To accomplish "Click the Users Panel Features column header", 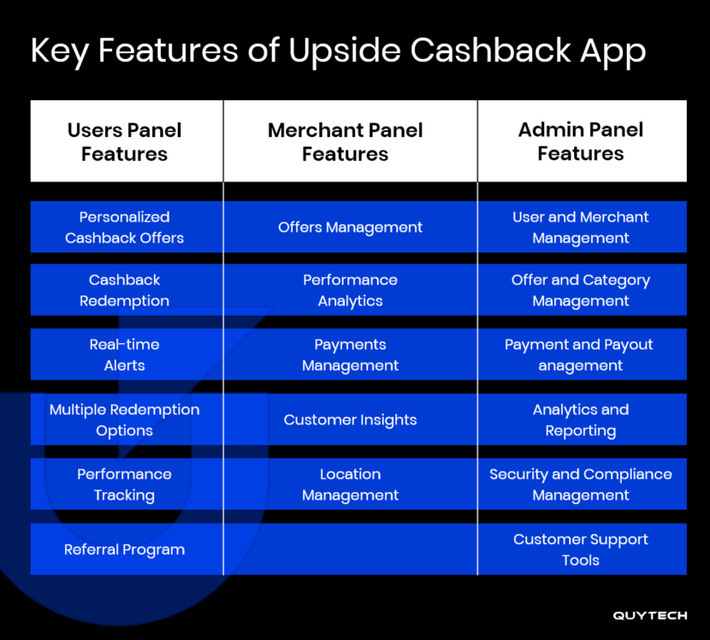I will click(125, 142).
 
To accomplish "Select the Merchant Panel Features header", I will click(346, 142).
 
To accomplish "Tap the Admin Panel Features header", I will click(581, 142).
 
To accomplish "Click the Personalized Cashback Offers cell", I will click(125, 228).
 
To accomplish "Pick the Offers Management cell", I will click(350, 228).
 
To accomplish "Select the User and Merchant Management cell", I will click(581, 228).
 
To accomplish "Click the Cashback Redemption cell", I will click(125, 290).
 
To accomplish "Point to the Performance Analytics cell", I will click(350, 290).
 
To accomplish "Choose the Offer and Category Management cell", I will click(581, 290).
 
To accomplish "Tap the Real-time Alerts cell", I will click(125, 354).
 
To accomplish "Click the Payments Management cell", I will click(350, 354).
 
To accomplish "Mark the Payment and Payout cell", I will click(581, 354).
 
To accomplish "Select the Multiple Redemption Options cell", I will click(125, 420).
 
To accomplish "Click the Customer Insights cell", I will click(350, 420).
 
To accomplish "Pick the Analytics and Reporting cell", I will click(581, 420).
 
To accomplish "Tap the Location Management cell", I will click(350, 484).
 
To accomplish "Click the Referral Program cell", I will click(125, 549).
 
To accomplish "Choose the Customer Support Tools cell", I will click(581, 549).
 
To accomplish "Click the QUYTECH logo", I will click(650, 615).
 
